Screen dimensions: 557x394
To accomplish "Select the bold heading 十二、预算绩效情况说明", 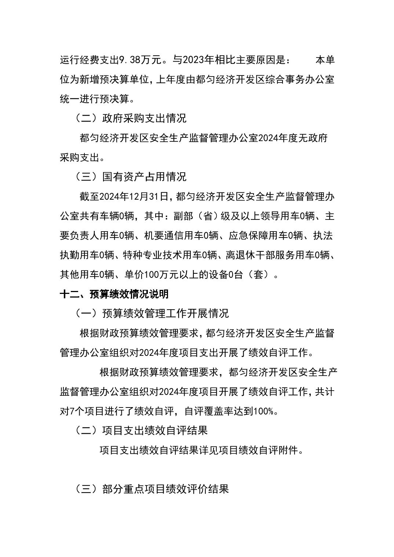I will pyautogui.click(x=114, y=294).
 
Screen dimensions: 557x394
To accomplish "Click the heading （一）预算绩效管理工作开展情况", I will pyautogui.click(x=152, y=313).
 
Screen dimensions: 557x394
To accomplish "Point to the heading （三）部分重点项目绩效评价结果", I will pyautogui.click(x=152, y=489).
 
